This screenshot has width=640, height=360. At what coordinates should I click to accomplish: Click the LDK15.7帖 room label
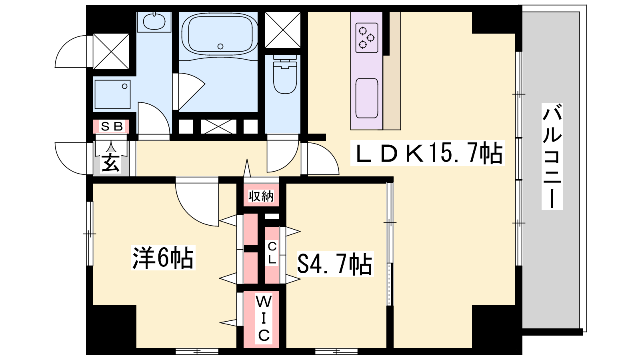[x=428, y=153]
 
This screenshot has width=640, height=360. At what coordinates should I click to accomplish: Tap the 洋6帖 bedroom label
[x=163, y=258]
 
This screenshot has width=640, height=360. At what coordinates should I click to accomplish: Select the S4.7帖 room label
[x=335, y=264]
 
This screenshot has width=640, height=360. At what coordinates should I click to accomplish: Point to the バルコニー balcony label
[x=552, y=156]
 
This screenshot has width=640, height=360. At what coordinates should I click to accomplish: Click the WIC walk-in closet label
[x=264, y=318]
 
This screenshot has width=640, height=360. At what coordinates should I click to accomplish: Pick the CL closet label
[x=272, y=253]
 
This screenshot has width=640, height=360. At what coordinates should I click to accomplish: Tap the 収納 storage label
[x=261, y=196]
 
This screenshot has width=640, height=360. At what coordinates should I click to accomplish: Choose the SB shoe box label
[x=112, y=126]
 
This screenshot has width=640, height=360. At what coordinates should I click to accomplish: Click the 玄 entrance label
[x=111, y=163]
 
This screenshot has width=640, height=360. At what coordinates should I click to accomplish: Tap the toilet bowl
[x=285, y=75]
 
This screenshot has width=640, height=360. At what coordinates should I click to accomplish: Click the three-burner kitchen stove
[x=367, y=38]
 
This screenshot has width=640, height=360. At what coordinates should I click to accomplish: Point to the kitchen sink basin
[x=367, y=98]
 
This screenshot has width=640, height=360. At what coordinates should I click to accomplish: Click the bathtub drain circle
[x=220, y=46]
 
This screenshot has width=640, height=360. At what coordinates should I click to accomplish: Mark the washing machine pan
[x=112, y=94]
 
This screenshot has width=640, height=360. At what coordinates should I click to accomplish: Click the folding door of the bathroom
[x=188, y=92]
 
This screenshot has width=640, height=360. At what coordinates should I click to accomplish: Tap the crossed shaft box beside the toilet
[x=282, y=30]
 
